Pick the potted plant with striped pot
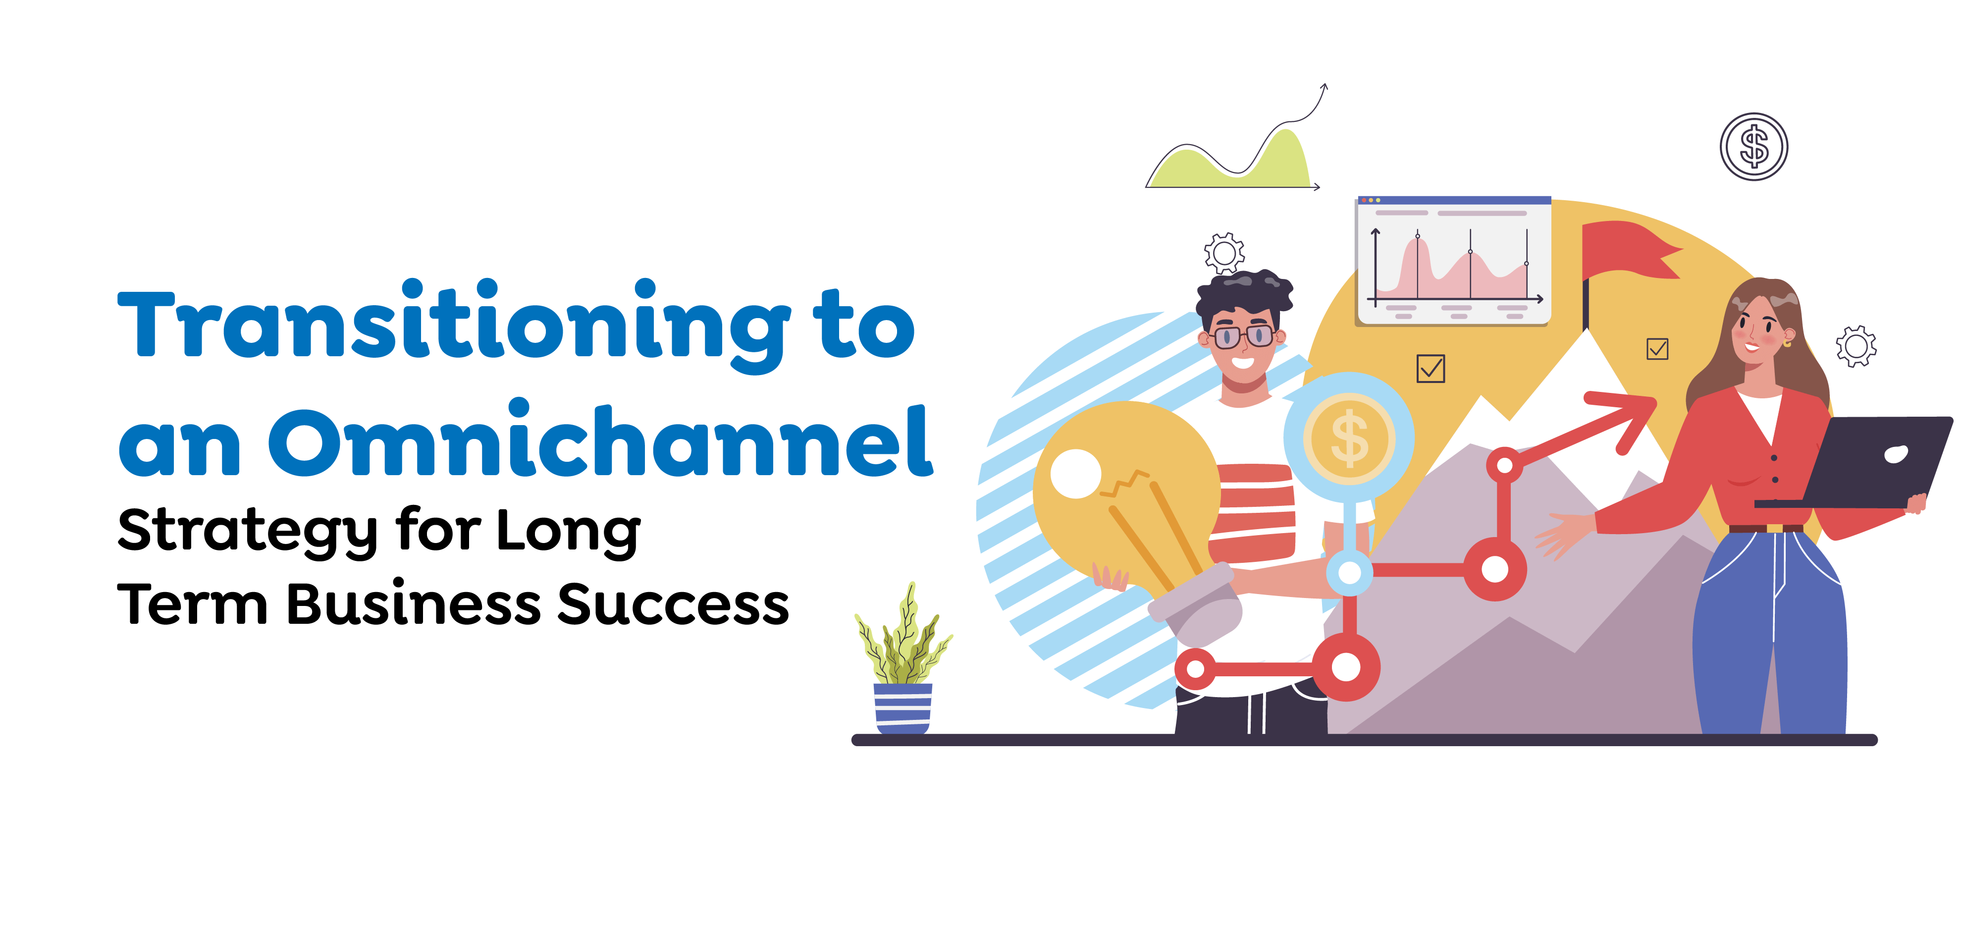click(x=903, y=663)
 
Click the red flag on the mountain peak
click(x=1627, y=252)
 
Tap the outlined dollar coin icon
click(x=1753, y=146)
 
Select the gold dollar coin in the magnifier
click(x=1349, y=438)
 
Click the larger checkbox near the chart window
click(x=1431, y=369)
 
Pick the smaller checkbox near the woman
click(x=1657, y=349)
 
